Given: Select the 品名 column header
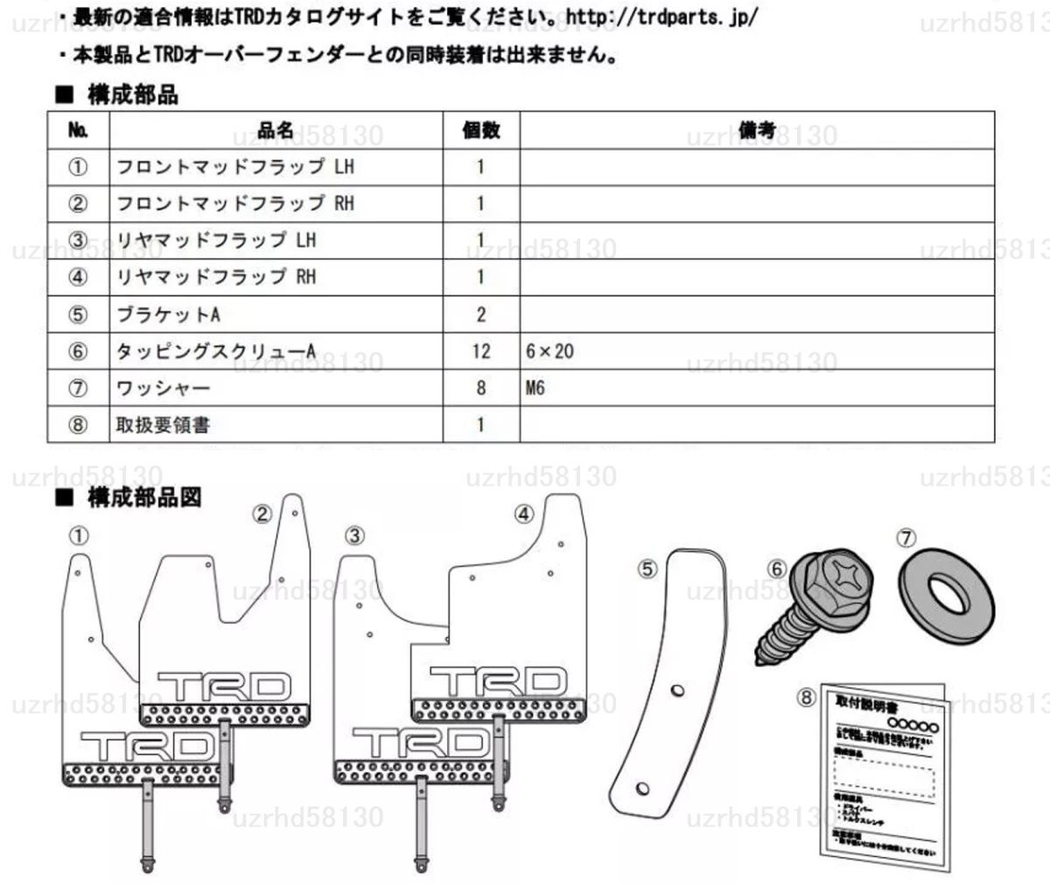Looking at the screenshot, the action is pyautogui.click(x=276, y=131).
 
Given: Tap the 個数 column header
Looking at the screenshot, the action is pyautogui.click(x=480, y=131).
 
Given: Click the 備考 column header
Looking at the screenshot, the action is pyautogui.click(x=757, y=131).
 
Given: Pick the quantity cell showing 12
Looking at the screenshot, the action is pyautogui.click(x=480, y=351).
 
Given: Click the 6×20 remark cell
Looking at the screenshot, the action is pyautogui.click(x=550, y=351).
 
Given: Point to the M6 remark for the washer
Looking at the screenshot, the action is pyautogui.click(x=535, y=388).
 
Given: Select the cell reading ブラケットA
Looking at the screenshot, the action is pyautogui.click(x=168, y=314).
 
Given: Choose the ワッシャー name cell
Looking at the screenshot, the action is pyautogui.click(x=163, y=388).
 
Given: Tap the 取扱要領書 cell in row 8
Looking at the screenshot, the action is pyautogui.click(x=163, y=425).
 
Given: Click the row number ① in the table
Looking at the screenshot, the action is pyautogui.click(x=77, y=166).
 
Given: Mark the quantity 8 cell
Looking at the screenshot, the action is pyautogui.click(x=480, y=388).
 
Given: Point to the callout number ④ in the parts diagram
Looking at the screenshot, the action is pyautogui.click(x=523, y=515).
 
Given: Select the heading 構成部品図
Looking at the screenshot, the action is pyautogui.click(x=144, y=498).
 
